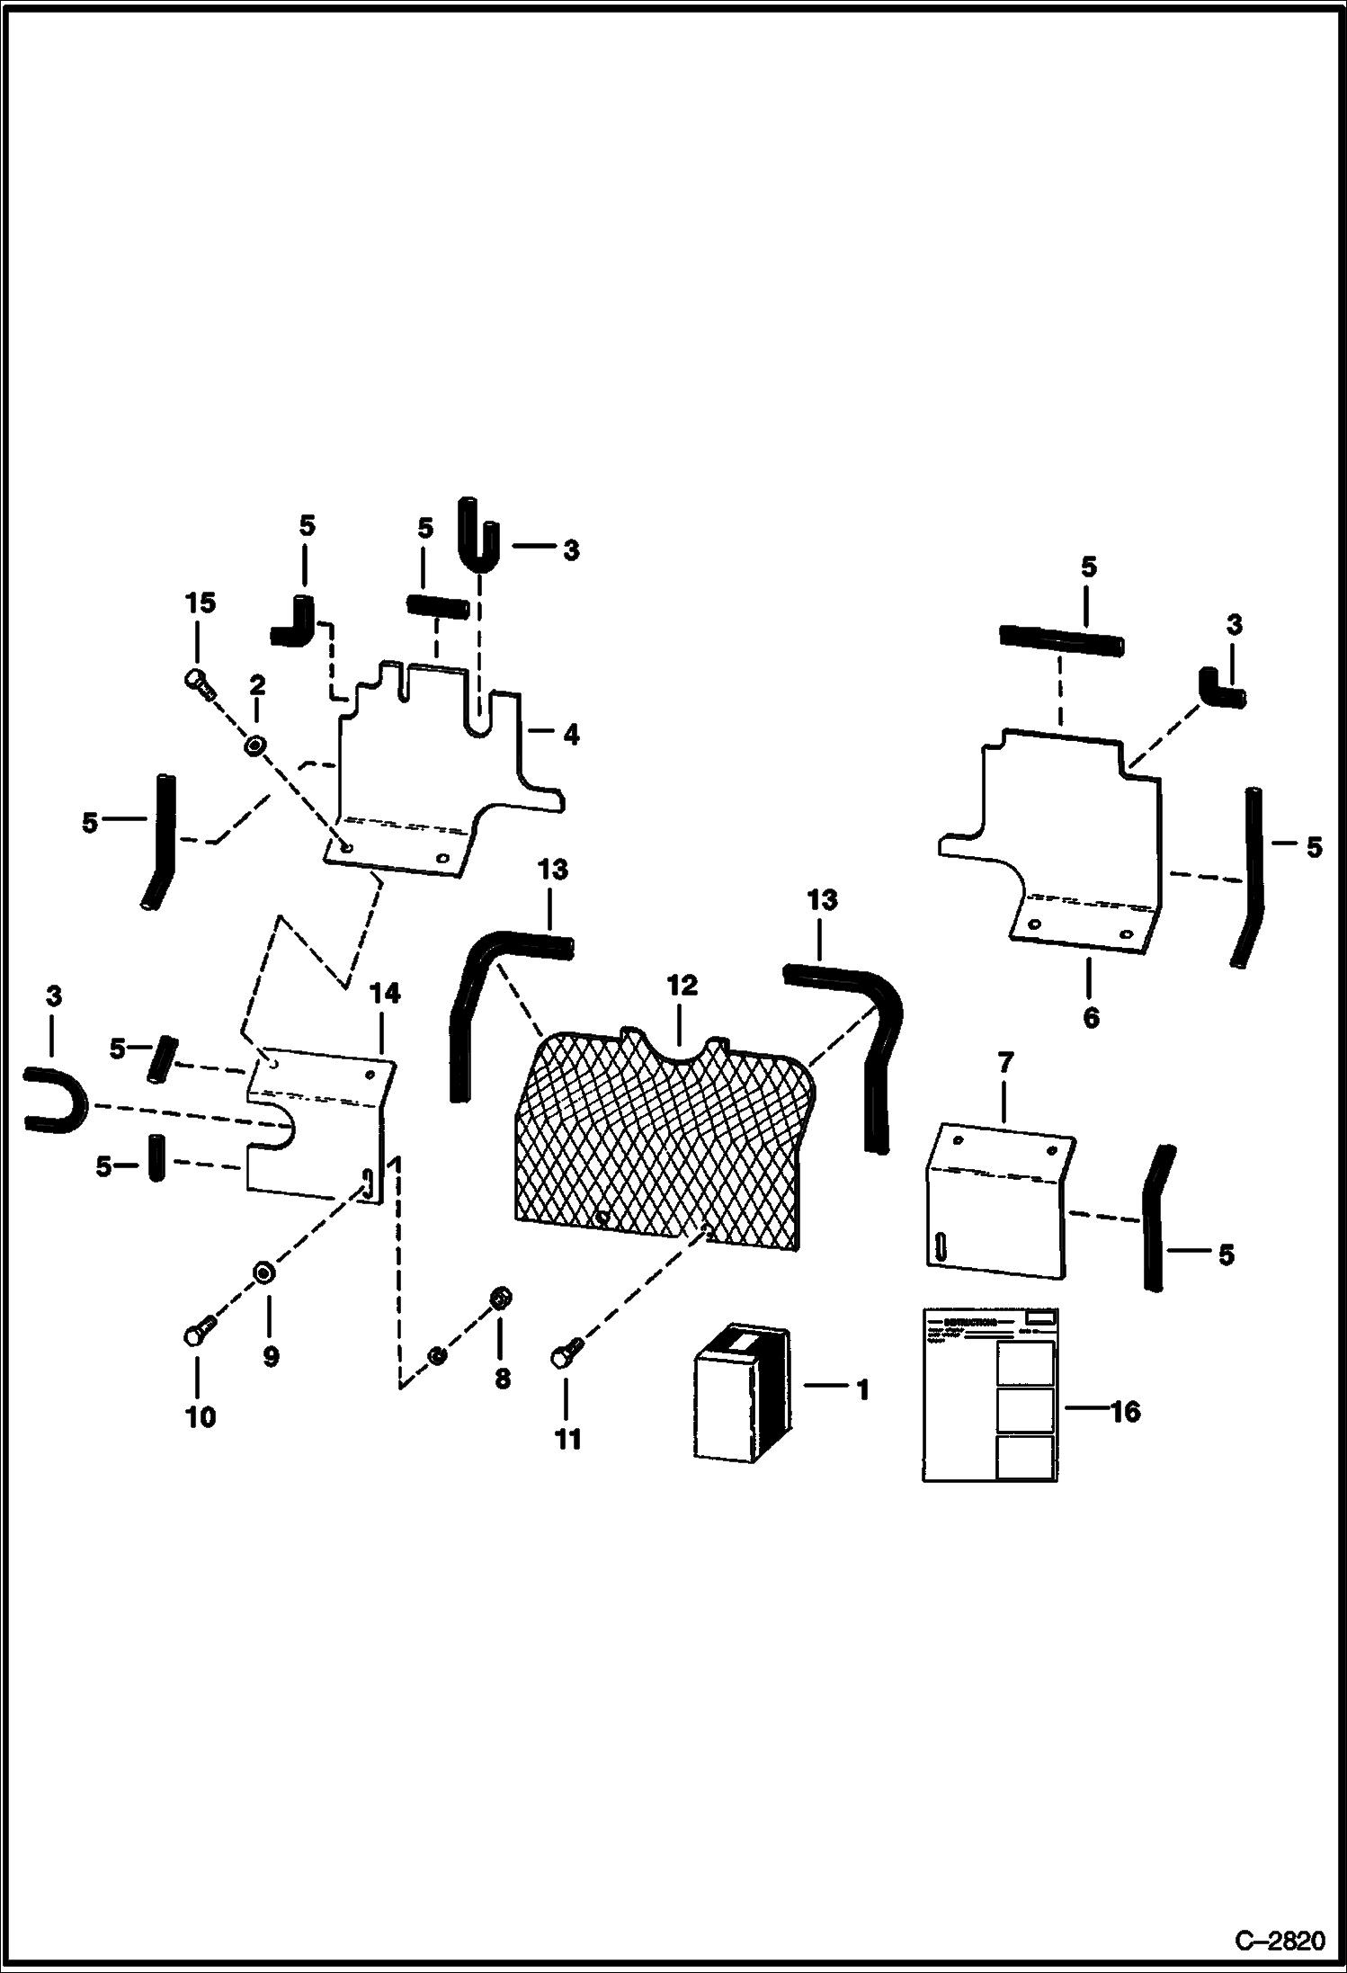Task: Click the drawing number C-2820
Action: tap(1280, 1940)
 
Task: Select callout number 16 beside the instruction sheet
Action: tap(1124, 1412)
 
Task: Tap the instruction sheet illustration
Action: tap(990, 1394)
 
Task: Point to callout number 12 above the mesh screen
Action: tap(682, 986)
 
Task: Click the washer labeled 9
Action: tap(263, 1272)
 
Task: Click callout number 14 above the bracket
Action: tap(384, 994)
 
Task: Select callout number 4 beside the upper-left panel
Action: tap(571, 735)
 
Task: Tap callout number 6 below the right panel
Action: tap(1091, 1017)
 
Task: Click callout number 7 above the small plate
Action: tap(1005, 1064)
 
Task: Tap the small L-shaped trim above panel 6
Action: tap(1218, 689)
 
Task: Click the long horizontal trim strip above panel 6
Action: tap(1061, 641)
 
